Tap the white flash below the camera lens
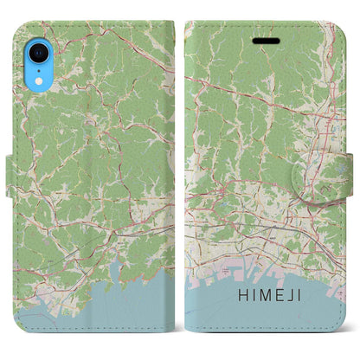point(38,67)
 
